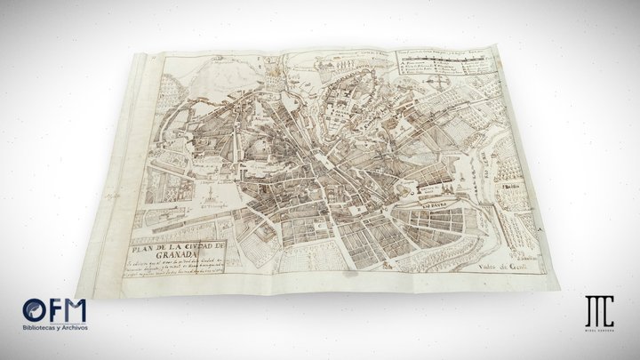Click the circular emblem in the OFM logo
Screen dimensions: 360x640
pyautogui.click(x=33, y=311)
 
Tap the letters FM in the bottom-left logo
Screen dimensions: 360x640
pyautogui.click(x=65, y=311)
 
